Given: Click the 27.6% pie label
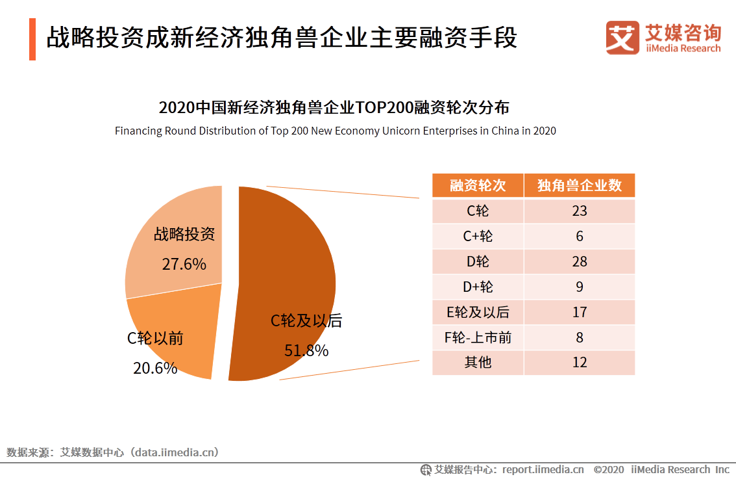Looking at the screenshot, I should click(184, 264).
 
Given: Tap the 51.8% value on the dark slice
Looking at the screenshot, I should click(306, 350).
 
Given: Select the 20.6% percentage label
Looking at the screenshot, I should click(155, 368).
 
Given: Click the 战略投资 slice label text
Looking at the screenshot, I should click(184, 234).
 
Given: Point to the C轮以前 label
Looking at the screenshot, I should click(155, 338).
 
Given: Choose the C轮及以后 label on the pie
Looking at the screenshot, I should click(306, 320).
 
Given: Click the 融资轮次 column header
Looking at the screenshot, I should click(478, 186).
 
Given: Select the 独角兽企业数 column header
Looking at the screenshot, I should click(579, 186).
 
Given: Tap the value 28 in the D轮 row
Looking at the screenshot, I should click(579, 261).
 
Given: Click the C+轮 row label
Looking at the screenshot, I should click(478, 236).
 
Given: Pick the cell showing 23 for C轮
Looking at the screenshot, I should click(579, 211).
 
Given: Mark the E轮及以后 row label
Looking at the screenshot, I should click(478, 312).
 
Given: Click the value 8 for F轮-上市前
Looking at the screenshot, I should click(579, 337).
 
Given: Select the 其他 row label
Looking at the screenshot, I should click(478, 362).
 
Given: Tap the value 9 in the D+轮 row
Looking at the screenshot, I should click(579, 287).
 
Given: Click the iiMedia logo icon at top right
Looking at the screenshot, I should click(622, 38).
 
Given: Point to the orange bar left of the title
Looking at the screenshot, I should click(32, 39).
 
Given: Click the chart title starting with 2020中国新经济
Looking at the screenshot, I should click(334, 107).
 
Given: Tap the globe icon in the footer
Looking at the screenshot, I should click(426, 469).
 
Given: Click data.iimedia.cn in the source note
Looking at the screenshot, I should click(175, 452).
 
